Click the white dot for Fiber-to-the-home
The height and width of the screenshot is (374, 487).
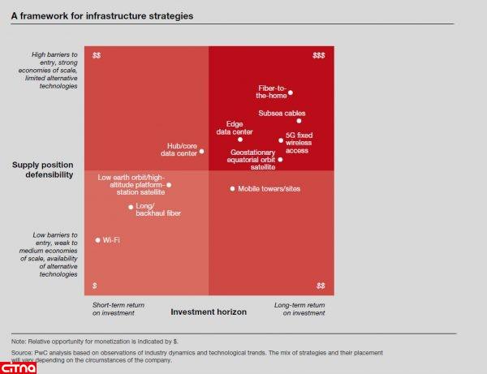pos(291,92)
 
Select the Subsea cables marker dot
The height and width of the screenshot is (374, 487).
pos(300,121)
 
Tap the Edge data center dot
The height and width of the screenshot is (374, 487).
pos(240,140)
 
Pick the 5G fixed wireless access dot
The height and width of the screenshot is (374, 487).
pos(281,140)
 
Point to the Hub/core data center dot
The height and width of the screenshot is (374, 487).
pos(202,151)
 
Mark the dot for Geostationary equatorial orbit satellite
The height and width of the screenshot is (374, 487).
pos(280,160)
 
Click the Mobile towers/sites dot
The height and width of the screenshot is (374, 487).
pos(232,189)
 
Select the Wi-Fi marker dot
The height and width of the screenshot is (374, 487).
pos(97,240)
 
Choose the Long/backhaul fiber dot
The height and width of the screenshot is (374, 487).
pos(131,207)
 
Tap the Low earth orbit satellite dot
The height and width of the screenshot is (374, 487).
pos(169,185)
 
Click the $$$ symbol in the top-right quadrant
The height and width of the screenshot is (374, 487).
pos(319,56)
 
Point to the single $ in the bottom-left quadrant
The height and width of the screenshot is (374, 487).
pos(95,286)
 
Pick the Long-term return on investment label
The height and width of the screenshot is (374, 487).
pos(298,308)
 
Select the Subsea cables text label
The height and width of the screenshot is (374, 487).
pos(282,113)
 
